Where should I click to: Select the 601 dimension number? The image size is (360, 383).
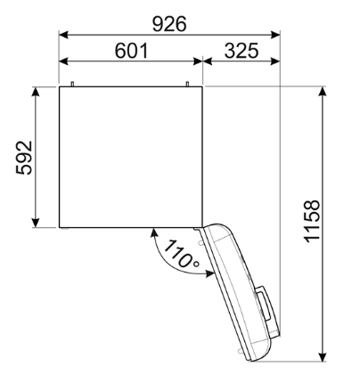pyautogui.click(x=131, y=52)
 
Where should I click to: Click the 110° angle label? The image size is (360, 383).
pyautogui.click(x=181, y=258)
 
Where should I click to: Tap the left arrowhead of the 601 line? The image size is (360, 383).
pyautogui.click(x=63, y=63)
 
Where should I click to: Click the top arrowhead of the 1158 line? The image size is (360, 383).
pyautogui.click(x=322, y=91)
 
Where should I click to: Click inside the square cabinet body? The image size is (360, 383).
pyautogui.click(x=132, y=156)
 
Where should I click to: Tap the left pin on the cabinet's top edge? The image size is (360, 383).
pyautogui.click(x=71, y=84)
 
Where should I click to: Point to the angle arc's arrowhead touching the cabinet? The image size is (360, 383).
pyautogui.click(x=157, y=233)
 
